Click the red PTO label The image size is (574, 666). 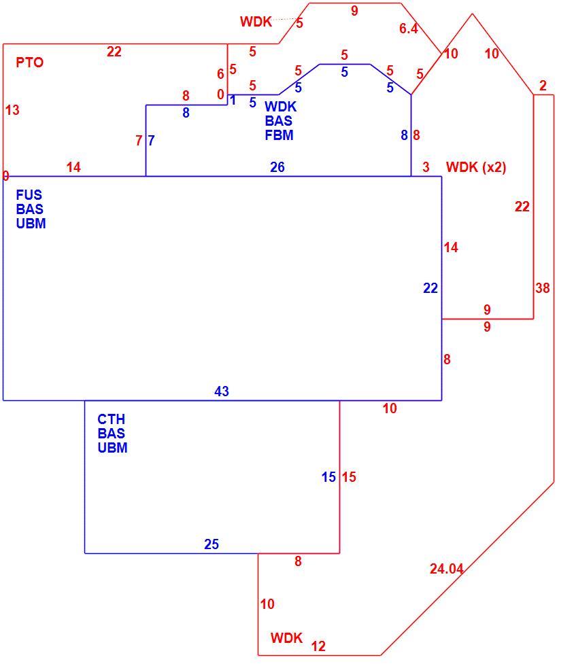pos(30,63)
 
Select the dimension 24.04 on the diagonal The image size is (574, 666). pos(446,568)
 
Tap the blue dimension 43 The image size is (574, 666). pos(222,391)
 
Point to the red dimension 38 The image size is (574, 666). pos(543,288)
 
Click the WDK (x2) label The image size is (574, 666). pos(476,167)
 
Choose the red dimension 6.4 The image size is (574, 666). pos(408,29)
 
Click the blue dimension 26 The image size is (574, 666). pos(277,167)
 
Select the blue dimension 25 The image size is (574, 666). pos(212,544)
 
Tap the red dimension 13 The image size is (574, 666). pos(12,110)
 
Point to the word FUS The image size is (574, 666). pos(29,194)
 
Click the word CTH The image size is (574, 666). pos(111,419)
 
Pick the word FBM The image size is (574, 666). pos(279,135)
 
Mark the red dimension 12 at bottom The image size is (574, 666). pos(318,646)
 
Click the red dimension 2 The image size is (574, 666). pos(543,86)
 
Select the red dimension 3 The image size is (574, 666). pos(426,167)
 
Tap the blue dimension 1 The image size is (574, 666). pos(233,101)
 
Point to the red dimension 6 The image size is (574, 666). pos(220,74)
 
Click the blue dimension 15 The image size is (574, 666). pos(328,477)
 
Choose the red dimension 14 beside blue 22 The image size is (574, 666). pos(451,247)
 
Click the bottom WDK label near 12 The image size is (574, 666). pos(286,637)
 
